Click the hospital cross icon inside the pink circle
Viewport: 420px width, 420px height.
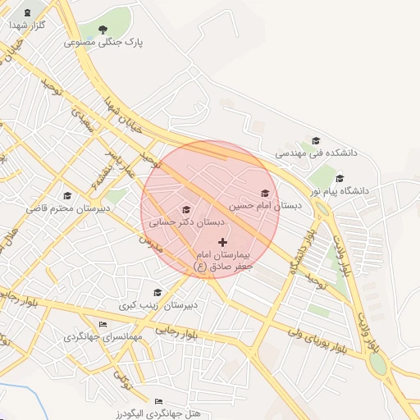222,242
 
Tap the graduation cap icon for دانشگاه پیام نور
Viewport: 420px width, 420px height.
340,178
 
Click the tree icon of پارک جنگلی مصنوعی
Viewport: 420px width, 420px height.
103,30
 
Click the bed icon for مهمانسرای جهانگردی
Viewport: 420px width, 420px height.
103,326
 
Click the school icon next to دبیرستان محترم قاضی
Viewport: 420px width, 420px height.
67,195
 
